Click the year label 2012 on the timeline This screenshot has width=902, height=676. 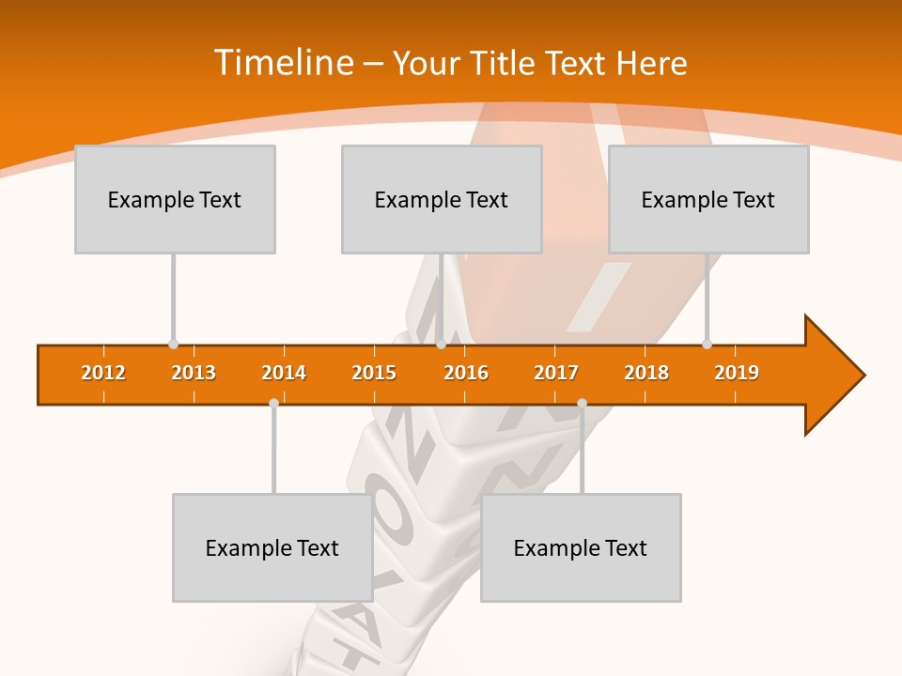tap(103, 373)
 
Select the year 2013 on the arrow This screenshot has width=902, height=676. tap(194, 373)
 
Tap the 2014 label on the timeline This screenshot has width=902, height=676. tap(284, 373)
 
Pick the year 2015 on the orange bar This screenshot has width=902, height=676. tap(374, 373)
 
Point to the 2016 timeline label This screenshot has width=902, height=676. tap(466, 373)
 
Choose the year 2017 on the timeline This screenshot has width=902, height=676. tap(556, 373)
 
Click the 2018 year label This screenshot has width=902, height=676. tap(646, 373)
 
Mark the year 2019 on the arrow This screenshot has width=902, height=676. tap(737, 373)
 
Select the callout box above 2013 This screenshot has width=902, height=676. tap(175, 199)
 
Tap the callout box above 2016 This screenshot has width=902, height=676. tap(442, 199)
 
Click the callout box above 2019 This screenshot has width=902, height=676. tap(708, 199)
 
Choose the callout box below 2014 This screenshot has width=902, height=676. tap(272, 547)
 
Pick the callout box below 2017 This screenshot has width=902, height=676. tap(581, 547)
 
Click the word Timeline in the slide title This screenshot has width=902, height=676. tap(283, 63)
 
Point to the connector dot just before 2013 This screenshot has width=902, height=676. tap(173, 344)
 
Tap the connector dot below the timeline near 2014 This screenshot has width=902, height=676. tap(273, 403)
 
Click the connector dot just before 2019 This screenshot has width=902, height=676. tap(707, 344)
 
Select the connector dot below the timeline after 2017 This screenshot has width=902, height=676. tap(582, 403)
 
